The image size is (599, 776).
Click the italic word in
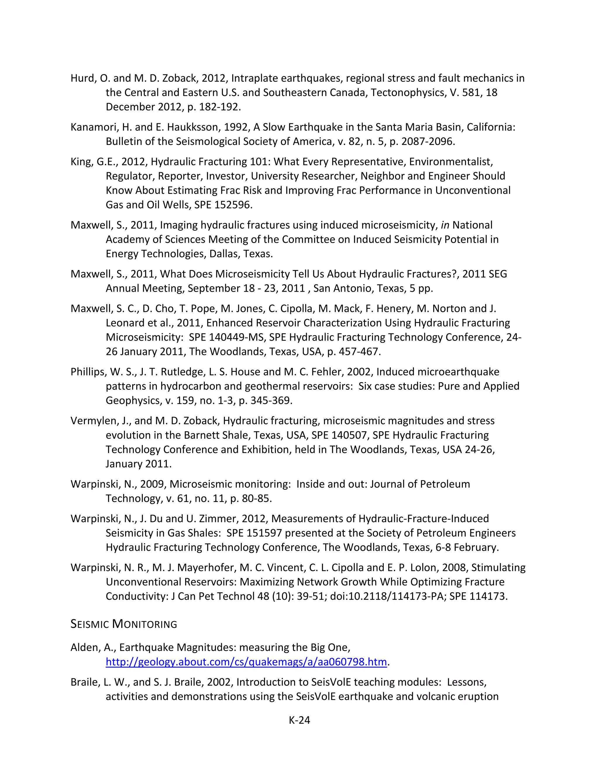[x=445, y=225]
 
